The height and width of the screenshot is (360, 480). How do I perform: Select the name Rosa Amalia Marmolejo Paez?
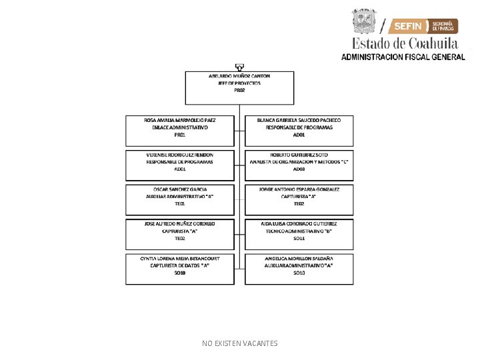click(x=180, y=120)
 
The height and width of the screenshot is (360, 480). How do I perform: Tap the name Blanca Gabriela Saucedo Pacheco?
click(x=299, y=120)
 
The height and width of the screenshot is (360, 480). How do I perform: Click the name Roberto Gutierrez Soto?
click(x=299, y=155)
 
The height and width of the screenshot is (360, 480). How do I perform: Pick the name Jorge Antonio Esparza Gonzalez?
click(x=299, y=189)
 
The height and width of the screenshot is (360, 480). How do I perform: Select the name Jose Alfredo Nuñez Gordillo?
click(x=180, y=223)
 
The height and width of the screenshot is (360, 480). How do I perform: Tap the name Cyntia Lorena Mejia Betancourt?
click(x=180, y=258)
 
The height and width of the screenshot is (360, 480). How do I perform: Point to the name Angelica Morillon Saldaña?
click(x=299, y=258)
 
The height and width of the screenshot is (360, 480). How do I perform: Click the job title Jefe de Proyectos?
click(x=240, y=83)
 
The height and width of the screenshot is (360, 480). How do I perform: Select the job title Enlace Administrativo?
click(x=180, y=127)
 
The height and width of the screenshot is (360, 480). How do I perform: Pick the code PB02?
click(x=240, y=91)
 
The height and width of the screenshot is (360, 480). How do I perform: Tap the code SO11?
click(x=299, y=238)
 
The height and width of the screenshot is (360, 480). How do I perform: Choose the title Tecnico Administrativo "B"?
click(x=299, y=231)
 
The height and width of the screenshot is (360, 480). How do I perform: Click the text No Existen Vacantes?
click(x=240, y=343)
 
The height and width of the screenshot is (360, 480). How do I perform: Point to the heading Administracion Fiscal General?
click(x=403, y=57)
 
